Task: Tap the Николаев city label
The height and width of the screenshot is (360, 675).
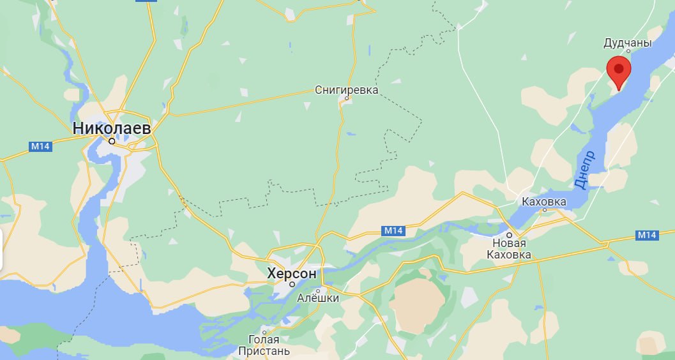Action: [x=112, y=128]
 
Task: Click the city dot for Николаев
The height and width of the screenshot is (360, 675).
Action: [x=112, y=140]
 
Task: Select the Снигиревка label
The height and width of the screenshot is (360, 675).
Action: [x=347, y=90]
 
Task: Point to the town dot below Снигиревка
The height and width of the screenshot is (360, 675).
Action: [x=347, y=98]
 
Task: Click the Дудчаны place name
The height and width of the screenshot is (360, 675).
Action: [x=628, y=43]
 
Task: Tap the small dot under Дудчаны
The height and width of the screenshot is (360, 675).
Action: [x=628, y=51]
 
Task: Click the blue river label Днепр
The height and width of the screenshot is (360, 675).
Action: [x=584, y=169]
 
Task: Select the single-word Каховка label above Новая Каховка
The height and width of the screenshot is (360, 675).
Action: [x=544, y=202]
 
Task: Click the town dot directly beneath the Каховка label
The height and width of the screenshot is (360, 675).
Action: [x=544, y=209]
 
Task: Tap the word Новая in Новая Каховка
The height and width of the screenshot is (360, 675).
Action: [x=509, y=244]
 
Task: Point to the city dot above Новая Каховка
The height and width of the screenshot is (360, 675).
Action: [x=510, y=235]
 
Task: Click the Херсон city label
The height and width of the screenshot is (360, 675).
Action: [x=292, y=273]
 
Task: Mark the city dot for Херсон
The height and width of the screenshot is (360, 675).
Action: [x=292, y=284]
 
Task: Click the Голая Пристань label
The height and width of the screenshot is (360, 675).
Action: [x=264, y=345]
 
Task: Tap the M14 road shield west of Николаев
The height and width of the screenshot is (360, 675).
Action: [x=40, y=146]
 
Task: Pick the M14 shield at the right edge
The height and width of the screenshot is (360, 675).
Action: [x=647, y=236]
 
